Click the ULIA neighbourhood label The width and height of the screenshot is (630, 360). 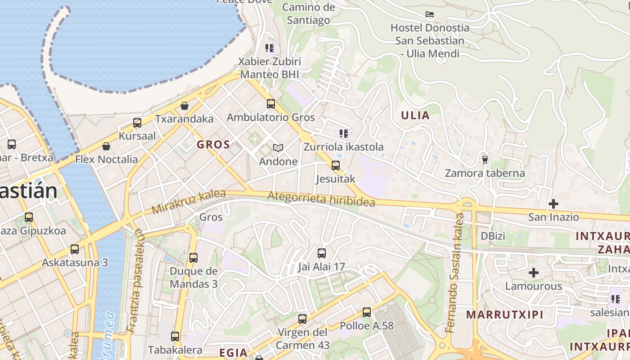[415, 115]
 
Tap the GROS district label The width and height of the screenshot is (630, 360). [213, 145]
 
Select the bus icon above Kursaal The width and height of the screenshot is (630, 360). [137, 122]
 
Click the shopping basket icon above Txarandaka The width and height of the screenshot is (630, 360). [184, 106]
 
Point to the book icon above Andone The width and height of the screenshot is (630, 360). [278, 148]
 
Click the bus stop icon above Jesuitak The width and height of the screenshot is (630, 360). [335, 165]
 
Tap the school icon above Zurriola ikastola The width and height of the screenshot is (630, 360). [344, 133]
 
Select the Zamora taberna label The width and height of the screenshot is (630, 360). [485, 173]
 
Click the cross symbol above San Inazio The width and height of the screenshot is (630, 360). [553, 204]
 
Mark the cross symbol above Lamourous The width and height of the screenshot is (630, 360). [533, 273]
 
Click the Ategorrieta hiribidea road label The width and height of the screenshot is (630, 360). [321, 198]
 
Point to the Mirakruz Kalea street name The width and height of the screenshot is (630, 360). [189, 202]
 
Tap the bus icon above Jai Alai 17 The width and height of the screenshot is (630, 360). [321, 253]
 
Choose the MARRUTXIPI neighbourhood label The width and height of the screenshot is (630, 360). [504, 315]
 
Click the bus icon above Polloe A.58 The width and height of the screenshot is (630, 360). [366, 312]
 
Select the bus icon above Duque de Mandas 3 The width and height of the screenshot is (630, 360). [193, 257]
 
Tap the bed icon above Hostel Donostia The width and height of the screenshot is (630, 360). [430, 14]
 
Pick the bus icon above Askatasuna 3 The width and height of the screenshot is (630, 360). [75, 249]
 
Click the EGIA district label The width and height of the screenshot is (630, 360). [233, 353]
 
